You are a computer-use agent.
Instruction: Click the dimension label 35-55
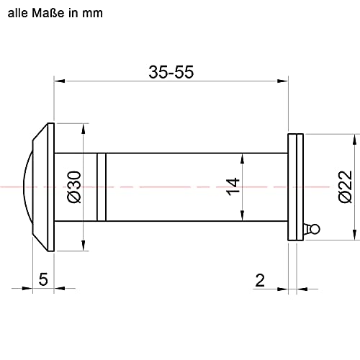click(x=172, y=71)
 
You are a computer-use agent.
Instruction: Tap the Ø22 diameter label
click(x=343, y=186)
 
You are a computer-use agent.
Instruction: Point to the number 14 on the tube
click(x=231, y=186)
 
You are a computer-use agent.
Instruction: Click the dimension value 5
click(x=42, y=279)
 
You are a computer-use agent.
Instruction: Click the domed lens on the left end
click(x=27, y=186)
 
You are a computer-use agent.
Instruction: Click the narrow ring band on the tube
click(x=102, y=186)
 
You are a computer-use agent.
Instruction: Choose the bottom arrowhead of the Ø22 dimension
click(x=354, y=234)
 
